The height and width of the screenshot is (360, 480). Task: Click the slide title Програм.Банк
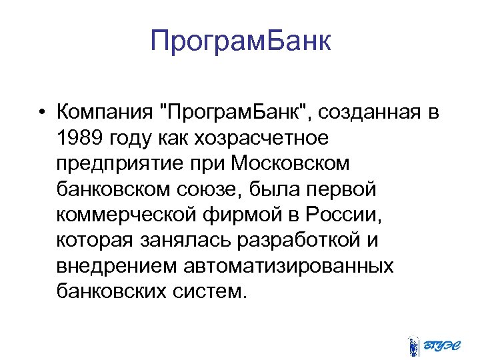tap(240, 41)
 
